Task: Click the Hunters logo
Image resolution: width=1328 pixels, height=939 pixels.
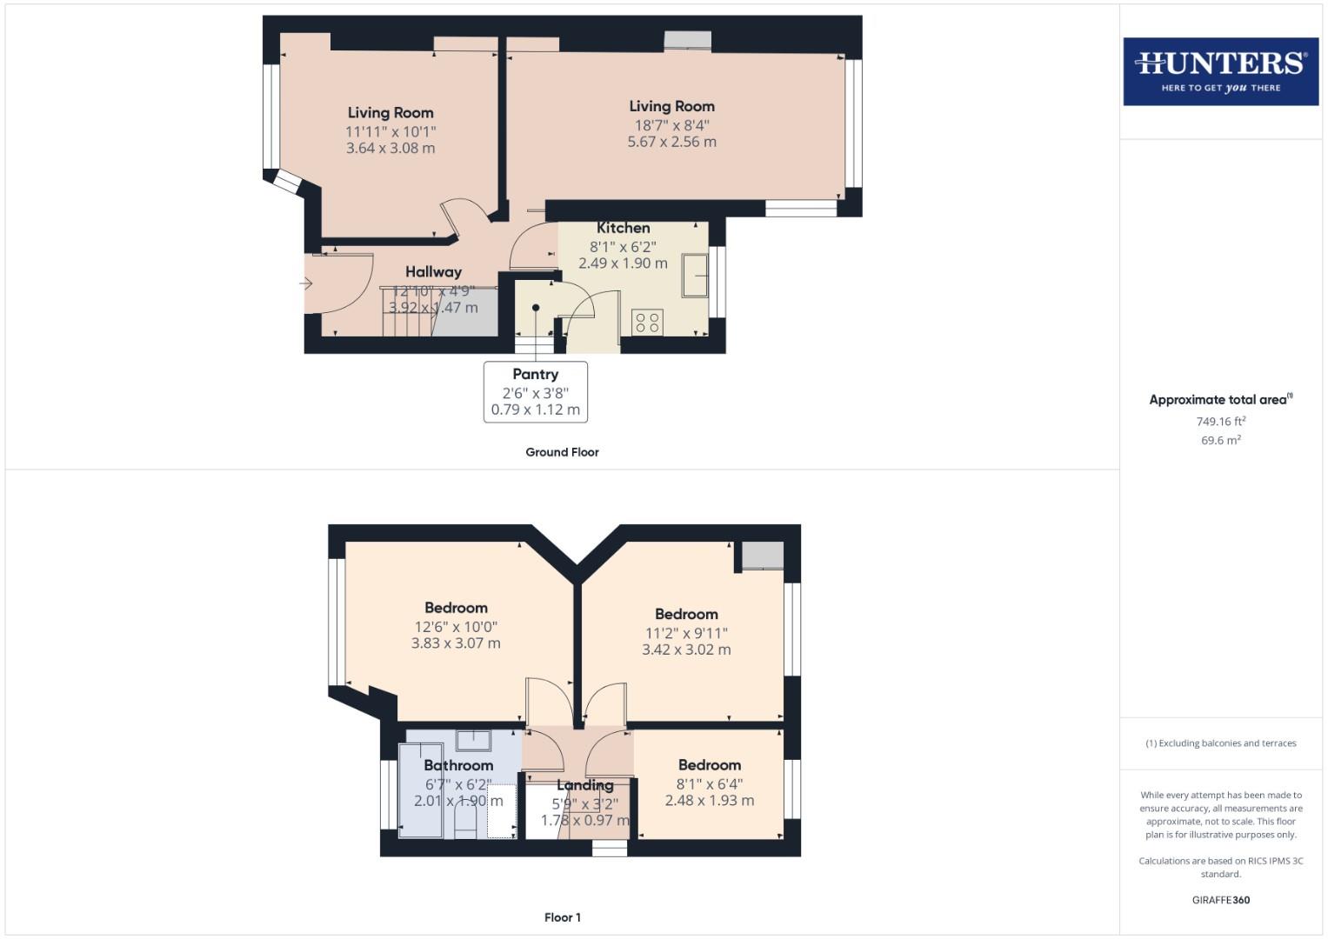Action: tap(1220, 71)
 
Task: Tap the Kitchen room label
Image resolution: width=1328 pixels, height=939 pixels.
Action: tap(623, 228)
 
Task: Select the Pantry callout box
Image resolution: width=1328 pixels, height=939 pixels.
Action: tap(535, 392)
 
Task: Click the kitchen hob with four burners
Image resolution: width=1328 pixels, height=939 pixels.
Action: tap(647, 323)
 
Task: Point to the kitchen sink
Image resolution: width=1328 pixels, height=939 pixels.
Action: tap(695, 276)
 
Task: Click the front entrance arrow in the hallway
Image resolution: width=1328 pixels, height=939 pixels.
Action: tap(306, 283)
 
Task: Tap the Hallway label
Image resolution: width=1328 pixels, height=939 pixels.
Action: tap(433, 272)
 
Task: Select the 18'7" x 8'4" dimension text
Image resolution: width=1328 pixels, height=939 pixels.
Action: tap(671, 125)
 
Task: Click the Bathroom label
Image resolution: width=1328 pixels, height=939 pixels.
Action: tap(458, 765)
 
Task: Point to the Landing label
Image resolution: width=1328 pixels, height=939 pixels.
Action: tap(584, 785)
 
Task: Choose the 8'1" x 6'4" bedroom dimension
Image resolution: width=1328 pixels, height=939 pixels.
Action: tap(710, 784)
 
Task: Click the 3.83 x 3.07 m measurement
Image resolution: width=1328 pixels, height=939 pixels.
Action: tap(456, 643)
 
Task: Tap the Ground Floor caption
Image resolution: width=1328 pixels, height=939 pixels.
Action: tap(562, 452)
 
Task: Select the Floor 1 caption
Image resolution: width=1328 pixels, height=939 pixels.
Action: tap(562, 917)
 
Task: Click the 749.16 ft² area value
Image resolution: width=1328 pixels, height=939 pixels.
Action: tap(1220, 422)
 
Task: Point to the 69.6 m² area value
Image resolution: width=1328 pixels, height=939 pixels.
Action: tap(1220, 441)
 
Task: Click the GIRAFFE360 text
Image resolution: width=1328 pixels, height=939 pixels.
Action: tap(1220, 900)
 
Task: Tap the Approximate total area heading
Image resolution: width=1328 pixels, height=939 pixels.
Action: tap(1220, 400)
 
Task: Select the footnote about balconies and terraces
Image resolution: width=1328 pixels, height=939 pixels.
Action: tap(1220, 743)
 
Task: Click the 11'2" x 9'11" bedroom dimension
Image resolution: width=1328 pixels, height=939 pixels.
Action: tap(686, 633)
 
